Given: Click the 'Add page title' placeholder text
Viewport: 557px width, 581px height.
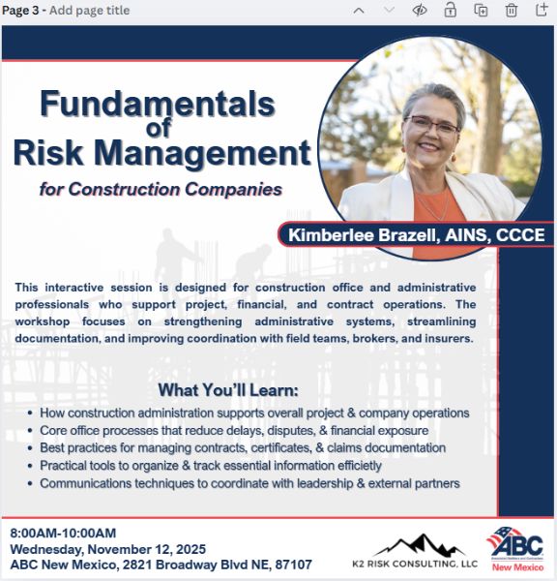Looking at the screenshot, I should (x=89, y=11).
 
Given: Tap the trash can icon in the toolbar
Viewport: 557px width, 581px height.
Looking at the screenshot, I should (x=512, y=11).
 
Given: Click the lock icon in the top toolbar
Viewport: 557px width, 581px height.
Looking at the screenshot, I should (x=450, y=11).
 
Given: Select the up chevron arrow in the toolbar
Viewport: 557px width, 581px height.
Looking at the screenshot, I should (x=359, y=11).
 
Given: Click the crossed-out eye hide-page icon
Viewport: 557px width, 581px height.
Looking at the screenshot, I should (x=420, y=11).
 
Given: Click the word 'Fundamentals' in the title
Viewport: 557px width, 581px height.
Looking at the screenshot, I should (x=158, y=105).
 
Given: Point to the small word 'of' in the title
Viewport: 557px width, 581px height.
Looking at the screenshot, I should (x=159, y=129).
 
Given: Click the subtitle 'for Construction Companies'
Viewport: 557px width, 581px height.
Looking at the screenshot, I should (x=161, y=188).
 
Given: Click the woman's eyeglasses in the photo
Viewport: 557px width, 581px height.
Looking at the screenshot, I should (x=432, y=126).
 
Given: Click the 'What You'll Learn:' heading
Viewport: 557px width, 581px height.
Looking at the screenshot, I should (x=228, y=390).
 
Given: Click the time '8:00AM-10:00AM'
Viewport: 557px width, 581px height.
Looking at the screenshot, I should (x=63, y=533).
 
